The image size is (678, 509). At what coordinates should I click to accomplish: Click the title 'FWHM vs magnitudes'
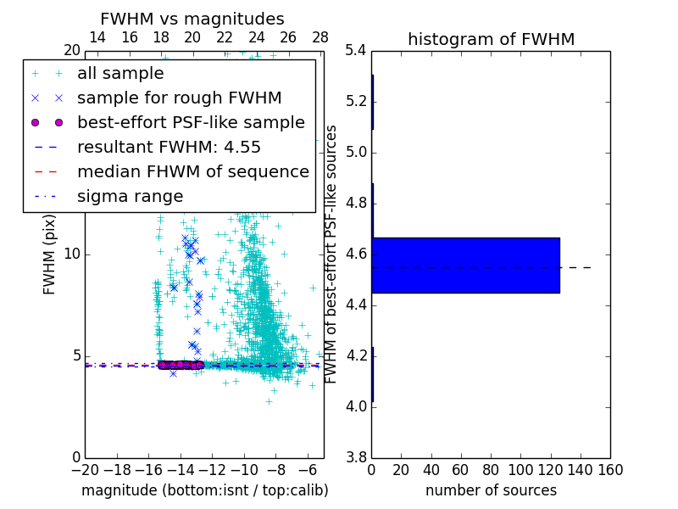pyautogui.click(x=192, y=20)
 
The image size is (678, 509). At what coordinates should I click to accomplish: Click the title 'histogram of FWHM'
pyautogui.click(x=491, y=39)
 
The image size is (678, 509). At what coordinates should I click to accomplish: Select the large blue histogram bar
pyautogui.click(x=465, y=265)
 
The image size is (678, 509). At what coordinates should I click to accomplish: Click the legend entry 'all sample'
pyautogui.click(x=120, y=74)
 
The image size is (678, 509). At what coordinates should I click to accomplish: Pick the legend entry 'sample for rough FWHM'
pyautogui.click(x=179, y=98)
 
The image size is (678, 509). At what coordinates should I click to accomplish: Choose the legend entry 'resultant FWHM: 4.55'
pyautogui.click(x=169, y=147)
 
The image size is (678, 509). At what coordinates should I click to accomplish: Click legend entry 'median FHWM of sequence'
pyautogui.click(x=192, y=171)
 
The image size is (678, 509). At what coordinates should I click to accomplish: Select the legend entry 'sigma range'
pyautogui.click(x=130, y=196)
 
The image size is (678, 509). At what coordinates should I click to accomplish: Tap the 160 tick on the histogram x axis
pyautogui.click(x=609, y=469)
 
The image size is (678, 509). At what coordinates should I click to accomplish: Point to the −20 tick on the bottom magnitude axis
pyautogui.click(x=85, y=469)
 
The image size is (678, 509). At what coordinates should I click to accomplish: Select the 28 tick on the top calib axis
pyautogui.click(x=320, y=37)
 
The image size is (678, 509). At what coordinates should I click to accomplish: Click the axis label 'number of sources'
pyautogui.click(x=491, y=490)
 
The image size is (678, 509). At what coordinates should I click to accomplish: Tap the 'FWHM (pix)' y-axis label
pyautogui.click(x=50, y=255)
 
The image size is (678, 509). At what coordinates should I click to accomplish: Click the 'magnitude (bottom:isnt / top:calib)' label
pyautogui.click(x=204, y=490)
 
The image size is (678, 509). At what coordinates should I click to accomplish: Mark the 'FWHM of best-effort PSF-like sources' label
pyautogui.click(x=332, y=255)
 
